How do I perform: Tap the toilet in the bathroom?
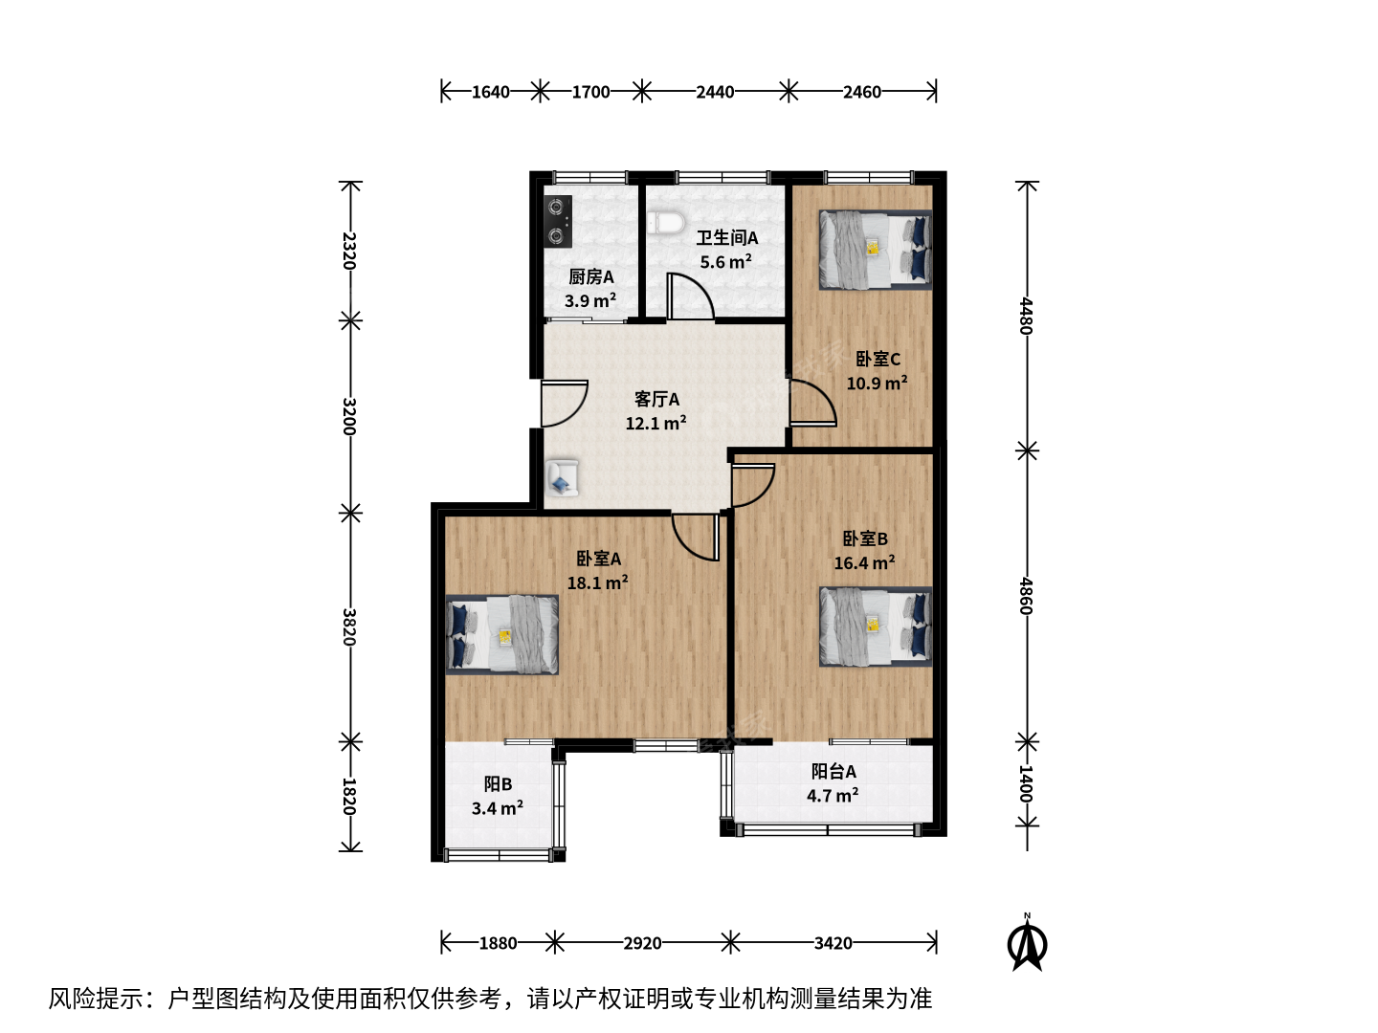pyautogui.click(x=667, y=222)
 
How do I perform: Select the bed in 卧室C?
pyautogui.click(x=876, y=250)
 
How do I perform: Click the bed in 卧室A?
pyautogui.click(x=502, y=635)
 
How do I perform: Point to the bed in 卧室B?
pyautogui.click(x=876, y=626)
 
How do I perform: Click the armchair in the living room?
pyautogui.click(x=562, y=478)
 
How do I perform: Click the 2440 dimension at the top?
pyautogui.click(x=715, y=92)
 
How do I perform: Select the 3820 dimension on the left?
pyautogui.click(x=349, y=627)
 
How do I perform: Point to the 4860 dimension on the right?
pyautogui.click(x=1026, y=596)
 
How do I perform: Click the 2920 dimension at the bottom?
pyautogui.click(x=642, y=943)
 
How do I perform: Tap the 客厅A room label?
pyautogui.click(x=656, y=399)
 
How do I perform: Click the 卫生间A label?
pyautogui.click(x=727, y=238)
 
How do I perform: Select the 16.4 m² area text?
pyautogui.click(x=864, y=562)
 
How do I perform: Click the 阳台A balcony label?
pyautogui.click(x=833, y=772)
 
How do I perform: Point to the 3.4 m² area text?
pyautogui.click(x=498, y=808)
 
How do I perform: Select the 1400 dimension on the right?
pyautogui.click(x=1026, y=783)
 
